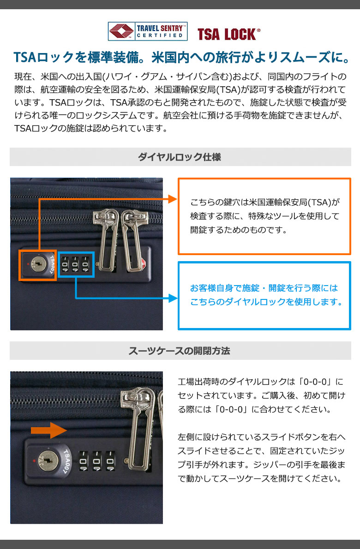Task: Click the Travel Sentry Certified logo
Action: tap(147, 31)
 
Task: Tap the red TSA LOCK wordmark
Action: tap(229, 34)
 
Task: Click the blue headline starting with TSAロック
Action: tap(181, 57)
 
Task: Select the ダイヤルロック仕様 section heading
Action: tap(180, 157)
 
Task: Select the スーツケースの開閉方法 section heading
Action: tap(180, 351)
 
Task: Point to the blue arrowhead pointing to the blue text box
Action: tap(173, 298)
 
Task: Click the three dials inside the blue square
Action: tap(75, 265)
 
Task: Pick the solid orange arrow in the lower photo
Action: tap(48, 430)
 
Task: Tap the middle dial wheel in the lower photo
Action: tap(96, 461)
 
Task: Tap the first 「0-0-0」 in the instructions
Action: tap(315, 381)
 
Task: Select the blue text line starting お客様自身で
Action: tap(264, 288)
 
